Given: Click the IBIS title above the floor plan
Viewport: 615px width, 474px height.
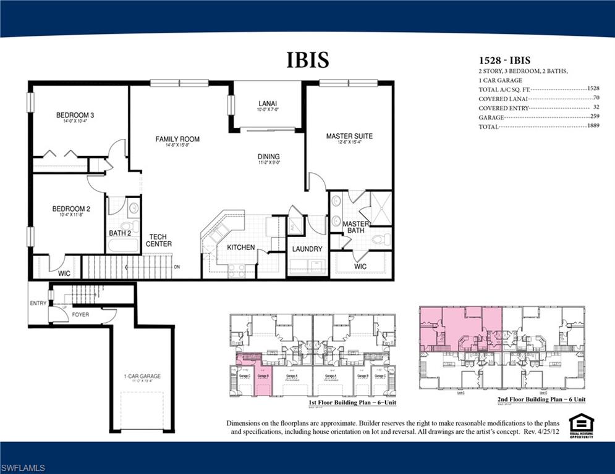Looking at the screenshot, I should point(307,60).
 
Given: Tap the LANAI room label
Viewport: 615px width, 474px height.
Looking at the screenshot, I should point(268,104).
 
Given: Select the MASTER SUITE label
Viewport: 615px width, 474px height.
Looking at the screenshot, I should point(349,136).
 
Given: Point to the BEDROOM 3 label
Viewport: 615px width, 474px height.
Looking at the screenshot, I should point(75,115).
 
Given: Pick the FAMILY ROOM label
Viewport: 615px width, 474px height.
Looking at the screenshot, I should point(177,139).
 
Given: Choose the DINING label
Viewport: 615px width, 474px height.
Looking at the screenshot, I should point(268,157).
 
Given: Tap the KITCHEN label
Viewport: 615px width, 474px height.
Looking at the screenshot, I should point(241,247).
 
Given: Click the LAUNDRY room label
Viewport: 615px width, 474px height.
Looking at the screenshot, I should point(307,249).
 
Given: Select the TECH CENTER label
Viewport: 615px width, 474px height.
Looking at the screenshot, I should point(159,240).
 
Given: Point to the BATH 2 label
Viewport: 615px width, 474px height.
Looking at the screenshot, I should point(121,233).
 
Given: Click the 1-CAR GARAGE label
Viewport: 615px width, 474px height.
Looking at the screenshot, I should point(142,376).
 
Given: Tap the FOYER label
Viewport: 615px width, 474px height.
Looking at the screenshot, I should point(80,315).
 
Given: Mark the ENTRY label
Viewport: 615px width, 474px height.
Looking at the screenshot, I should point(38,303).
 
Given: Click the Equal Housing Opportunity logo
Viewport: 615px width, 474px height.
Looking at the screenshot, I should point(581,425).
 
